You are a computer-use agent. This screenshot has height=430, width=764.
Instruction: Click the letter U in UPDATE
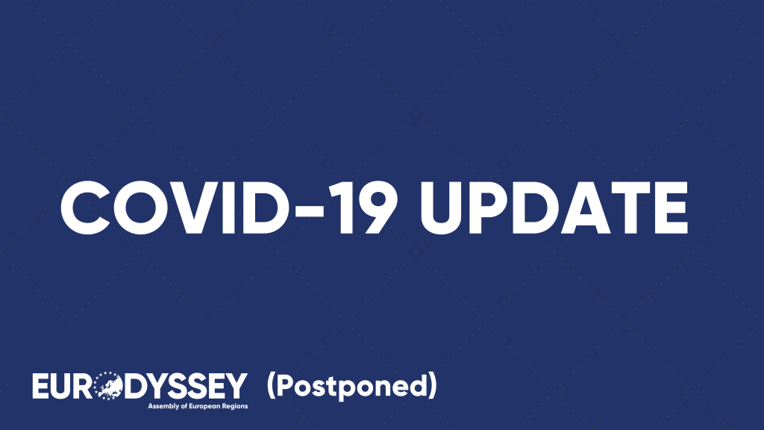[x=442, y=209]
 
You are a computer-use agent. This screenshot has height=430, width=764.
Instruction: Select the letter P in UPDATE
[x=492, y=208]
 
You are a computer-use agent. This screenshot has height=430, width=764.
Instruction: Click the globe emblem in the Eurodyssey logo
[x=107, y=386]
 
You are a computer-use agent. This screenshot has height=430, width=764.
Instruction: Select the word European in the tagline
[x=204, y=407]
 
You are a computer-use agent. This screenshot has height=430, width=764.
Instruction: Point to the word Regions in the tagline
[x=234, y=407]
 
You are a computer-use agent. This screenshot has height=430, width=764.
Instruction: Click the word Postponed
[x=351, y=386]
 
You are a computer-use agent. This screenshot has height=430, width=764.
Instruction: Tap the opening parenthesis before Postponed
[x=272, y=386]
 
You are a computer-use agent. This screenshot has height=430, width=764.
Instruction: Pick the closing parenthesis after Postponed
[x=432, y=386]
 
